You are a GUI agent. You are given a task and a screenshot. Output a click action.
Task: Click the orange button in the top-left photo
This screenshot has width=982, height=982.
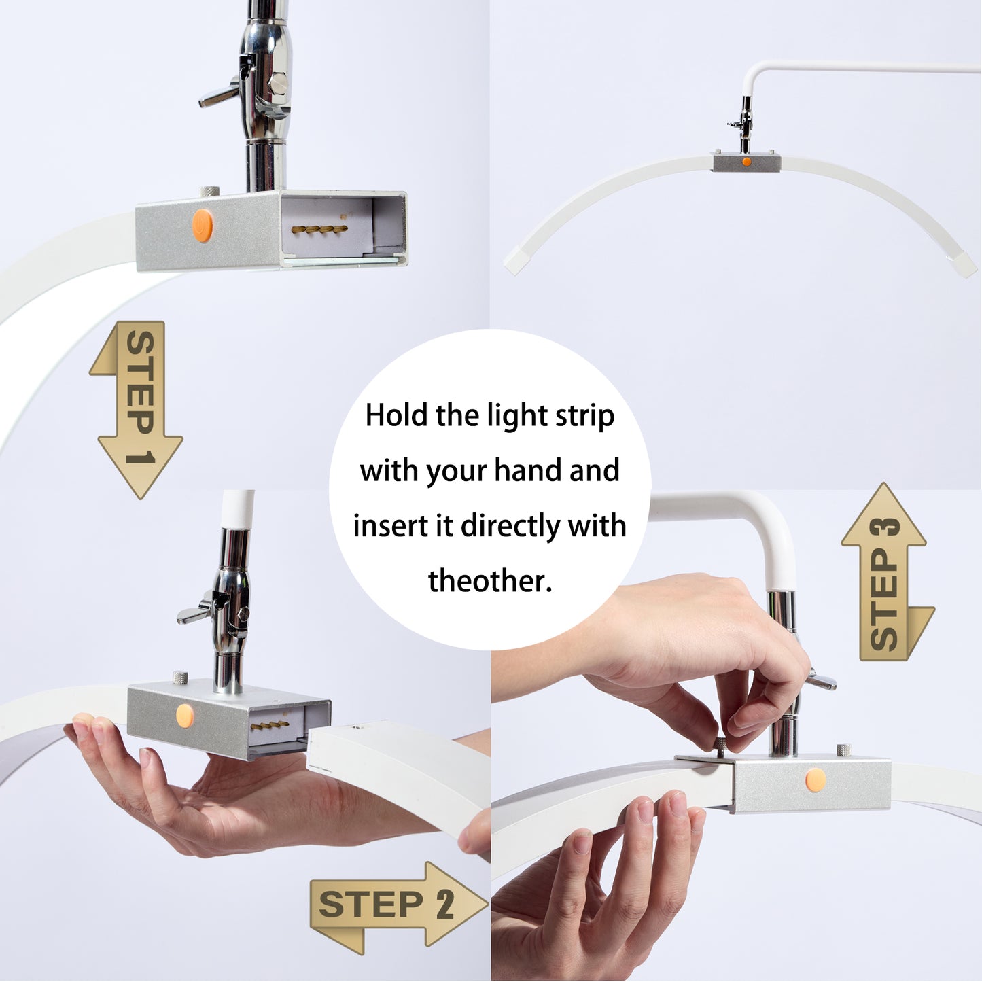pos(203,226)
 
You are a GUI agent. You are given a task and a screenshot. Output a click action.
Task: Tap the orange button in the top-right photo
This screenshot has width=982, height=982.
pos(746,162)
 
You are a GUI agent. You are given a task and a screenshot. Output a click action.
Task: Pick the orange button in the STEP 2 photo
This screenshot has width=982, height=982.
pos(184,715)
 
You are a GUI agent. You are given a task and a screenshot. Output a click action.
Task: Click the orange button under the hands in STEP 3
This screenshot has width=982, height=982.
pos(816,780)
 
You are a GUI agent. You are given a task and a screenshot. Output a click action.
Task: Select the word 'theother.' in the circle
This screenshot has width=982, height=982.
pos(489,581)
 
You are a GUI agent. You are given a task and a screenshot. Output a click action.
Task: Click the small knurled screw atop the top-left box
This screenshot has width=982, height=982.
pos(209,192)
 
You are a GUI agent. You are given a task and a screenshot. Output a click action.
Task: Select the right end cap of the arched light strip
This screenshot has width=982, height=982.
pos(966,264)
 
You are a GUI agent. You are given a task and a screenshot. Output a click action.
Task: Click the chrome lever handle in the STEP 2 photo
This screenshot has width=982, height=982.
pos(194,613)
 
